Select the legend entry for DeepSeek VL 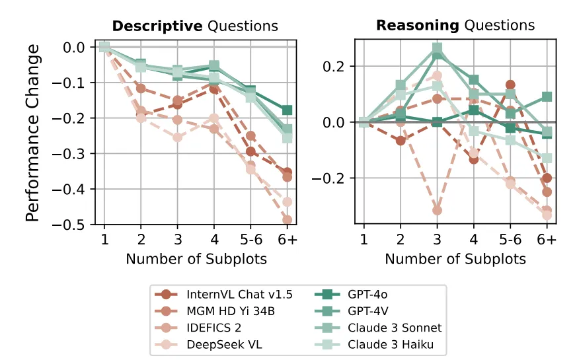click(220, 343)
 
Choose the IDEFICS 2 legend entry click(213, 327)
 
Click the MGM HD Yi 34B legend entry click(231, 310)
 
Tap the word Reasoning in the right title click(418, 26)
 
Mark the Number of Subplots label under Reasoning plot click(455, 259)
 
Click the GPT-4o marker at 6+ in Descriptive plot click(286, 110)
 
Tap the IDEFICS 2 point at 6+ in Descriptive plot click(286, 220)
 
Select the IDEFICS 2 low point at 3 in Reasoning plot click(436, 210)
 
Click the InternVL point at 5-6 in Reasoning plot click(510, 85)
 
